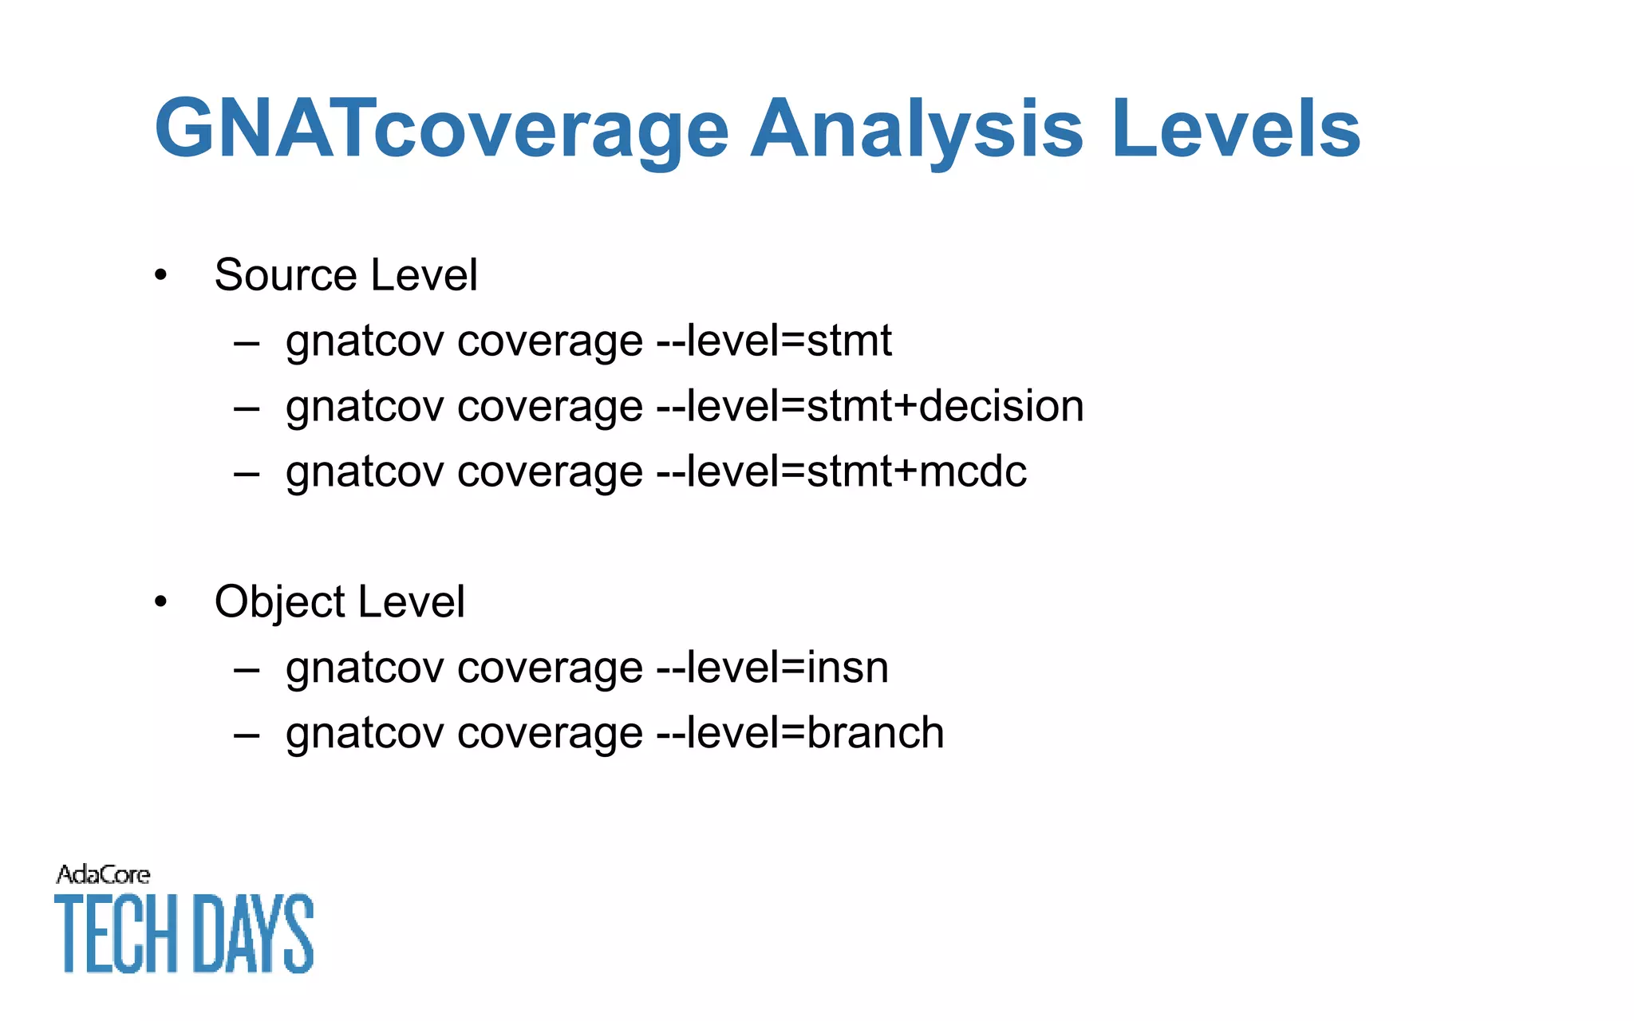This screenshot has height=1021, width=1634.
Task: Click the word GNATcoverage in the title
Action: [x=441, y=129]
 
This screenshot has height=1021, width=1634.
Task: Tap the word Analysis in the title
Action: [x=917, y=129]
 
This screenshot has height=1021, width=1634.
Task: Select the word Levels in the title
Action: [x=1235, y=129]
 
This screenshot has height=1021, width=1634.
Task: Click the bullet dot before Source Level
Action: [x=161, y=275]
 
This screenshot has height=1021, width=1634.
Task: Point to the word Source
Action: [x=286, y=275]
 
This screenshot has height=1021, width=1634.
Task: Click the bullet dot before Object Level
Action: [x=161, y=601]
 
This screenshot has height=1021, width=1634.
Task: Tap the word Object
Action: [x=279, y=601]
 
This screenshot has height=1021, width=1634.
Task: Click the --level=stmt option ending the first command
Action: [x=773, y=341]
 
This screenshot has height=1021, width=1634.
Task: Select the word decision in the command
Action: [x=1001, y=406]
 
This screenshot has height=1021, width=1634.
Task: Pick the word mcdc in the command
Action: [x=973, y=471]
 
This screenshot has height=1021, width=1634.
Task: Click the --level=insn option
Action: [x=772, y=667]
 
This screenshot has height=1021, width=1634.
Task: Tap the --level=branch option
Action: [x=799, y=732]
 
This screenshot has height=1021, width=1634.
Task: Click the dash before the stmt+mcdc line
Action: [x=247, y=472]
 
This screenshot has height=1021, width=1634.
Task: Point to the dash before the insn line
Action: [x=247, y=668]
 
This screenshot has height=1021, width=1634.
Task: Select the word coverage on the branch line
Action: [x=550, y=734]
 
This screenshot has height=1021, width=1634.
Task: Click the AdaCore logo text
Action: [x=103, y=875]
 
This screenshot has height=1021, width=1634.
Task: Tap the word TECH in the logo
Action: [x=116, y=933]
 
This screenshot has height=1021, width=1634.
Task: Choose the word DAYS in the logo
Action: [x=254, y=933]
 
